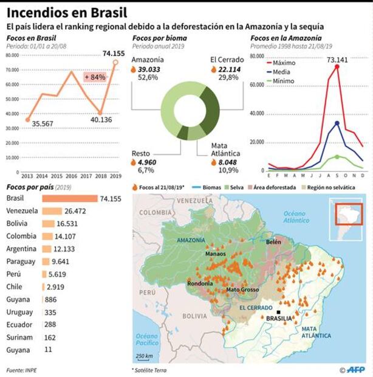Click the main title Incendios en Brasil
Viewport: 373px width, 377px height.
(67, 12)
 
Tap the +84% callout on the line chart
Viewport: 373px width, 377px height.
(95, 77)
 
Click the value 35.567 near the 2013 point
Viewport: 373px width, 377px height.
(43, 123)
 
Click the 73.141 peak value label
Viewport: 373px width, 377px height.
(337, 60)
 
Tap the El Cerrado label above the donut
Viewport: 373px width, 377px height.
(227, 60)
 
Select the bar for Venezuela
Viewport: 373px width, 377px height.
(52, 211)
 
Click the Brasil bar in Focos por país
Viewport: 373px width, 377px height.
(69, 198)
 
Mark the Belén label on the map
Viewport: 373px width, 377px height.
(274, 241)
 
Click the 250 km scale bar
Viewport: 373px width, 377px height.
(144, 357)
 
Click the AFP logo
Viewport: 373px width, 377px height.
(355, 370)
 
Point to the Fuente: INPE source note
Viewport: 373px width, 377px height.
(23, 370)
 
